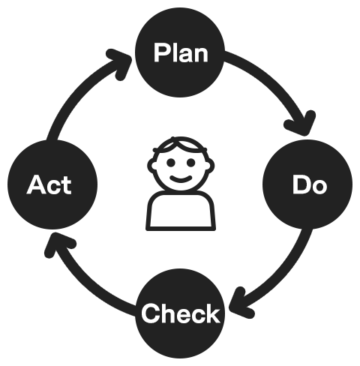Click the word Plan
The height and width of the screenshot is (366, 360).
[181, 52]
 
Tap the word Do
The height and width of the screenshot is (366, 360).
[310, 184]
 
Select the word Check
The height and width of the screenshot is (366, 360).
[181, 313]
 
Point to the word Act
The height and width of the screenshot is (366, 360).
[49, 184]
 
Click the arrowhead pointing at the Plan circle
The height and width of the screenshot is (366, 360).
[119, 63]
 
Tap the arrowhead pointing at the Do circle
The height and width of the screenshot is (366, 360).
[301, 123]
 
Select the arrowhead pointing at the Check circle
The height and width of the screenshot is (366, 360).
[241, 303]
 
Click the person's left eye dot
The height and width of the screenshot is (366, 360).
[171, 163]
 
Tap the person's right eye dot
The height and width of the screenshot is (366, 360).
[191, 163]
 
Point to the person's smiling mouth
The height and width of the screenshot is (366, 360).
[181, 178]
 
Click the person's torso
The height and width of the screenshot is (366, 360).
[181, 211]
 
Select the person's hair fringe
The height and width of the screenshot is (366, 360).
[181, 145]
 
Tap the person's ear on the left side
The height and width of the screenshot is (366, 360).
[151, 166]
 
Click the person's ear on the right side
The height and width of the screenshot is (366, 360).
[211, 166]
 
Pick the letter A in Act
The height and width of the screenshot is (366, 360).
[35, 184]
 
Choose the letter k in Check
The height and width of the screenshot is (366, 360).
[212, 313]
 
